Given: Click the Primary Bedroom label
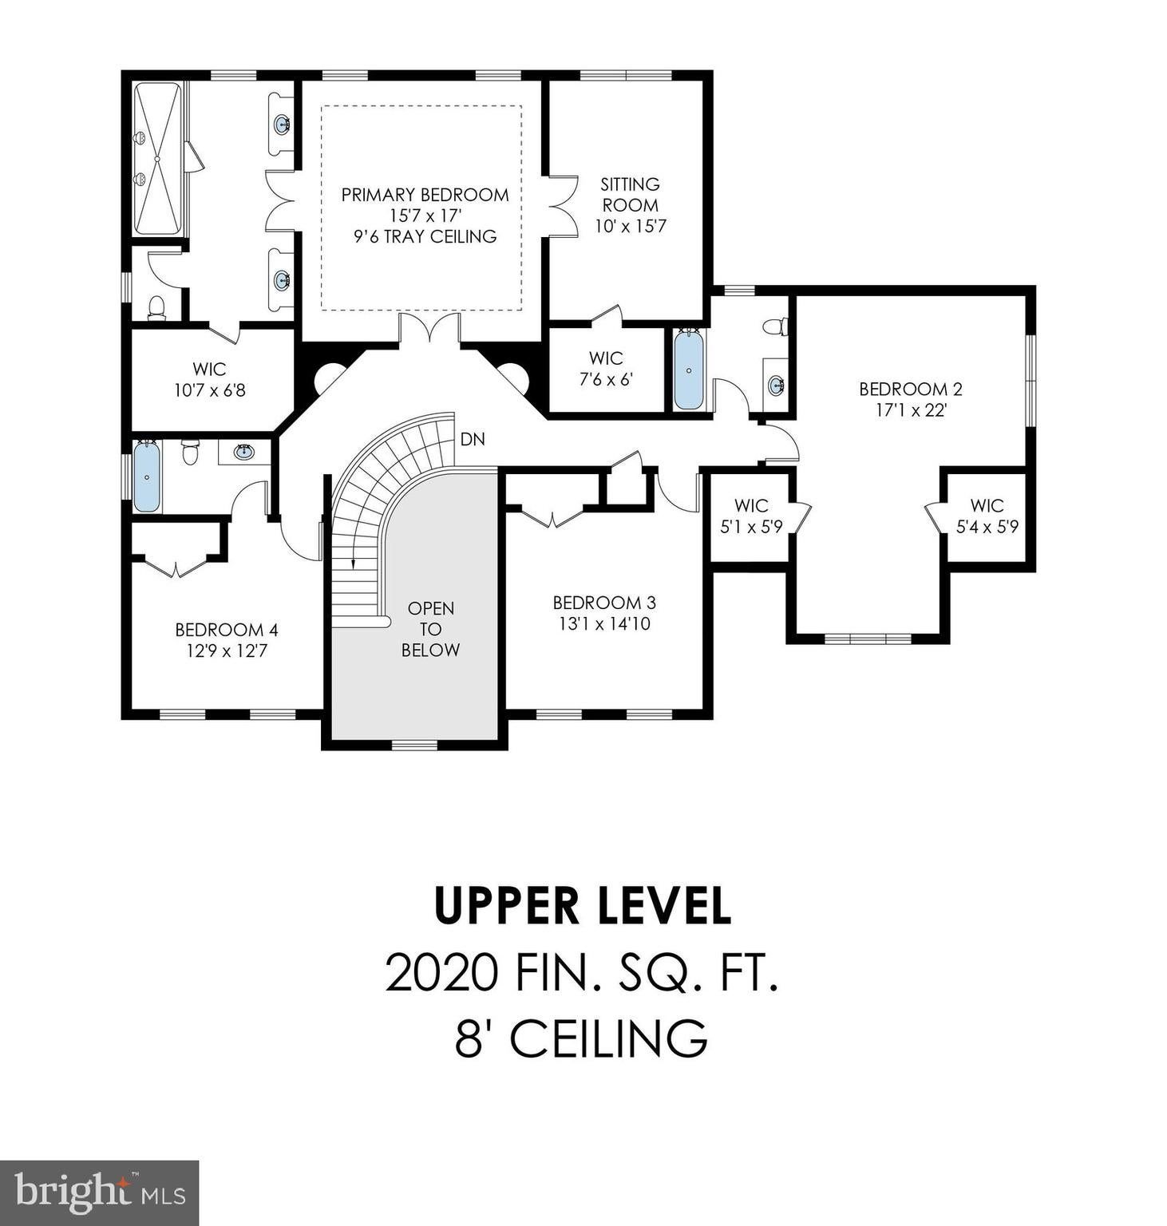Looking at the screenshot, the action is pos(425,195).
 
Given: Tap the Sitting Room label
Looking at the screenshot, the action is pos(630,194).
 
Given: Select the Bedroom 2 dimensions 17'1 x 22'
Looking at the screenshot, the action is pos(910,411).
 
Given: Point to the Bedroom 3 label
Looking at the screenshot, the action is pos(604,603).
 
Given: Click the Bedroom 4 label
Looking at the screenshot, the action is pos(227,631).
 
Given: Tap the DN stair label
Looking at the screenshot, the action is pos(473,440).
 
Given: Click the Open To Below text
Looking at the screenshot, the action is pos(430,629).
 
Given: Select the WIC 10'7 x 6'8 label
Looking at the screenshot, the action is pos(209,380).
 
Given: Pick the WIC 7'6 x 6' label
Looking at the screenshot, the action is pos(606,369).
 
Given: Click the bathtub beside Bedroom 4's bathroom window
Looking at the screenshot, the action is pos(147,476).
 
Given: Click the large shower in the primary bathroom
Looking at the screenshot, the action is pos(157,159).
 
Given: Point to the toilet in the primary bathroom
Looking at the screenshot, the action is pos(157,308).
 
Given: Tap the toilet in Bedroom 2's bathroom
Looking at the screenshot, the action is pos(775,326).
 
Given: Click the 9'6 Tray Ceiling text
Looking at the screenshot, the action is pos(425,236).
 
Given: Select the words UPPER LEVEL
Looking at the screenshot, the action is pos(583,905).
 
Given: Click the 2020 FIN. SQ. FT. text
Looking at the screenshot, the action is pos(582,973).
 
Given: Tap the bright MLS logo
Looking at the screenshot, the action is pos(100,1192).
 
